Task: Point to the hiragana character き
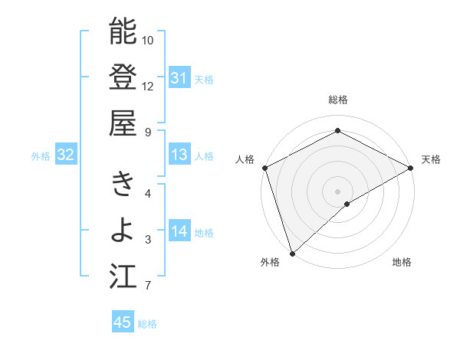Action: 123,184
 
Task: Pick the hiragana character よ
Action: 123,231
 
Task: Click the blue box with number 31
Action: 179,78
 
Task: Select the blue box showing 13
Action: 179,155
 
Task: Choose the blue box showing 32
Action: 65,155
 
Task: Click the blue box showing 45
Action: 123,322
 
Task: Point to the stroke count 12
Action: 148,86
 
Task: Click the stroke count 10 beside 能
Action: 148,40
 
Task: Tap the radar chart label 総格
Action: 337,100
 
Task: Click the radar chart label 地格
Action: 402,263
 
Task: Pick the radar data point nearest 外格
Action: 292,253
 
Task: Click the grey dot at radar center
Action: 337,191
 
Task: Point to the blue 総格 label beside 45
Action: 147,324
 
